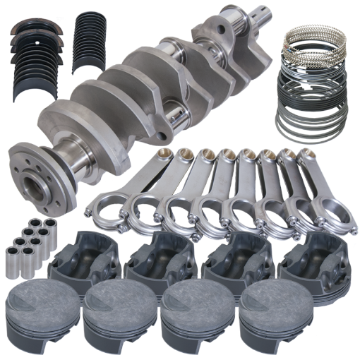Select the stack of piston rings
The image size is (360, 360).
(315, 92)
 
